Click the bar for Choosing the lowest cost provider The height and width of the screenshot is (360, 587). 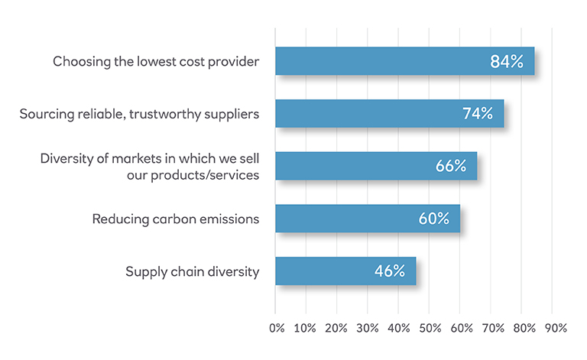tap(382, 61)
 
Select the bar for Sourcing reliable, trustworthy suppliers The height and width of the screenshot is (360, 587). tap(367, 113)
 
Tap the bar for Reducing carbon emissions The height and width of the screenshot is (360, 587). tap(344, 218)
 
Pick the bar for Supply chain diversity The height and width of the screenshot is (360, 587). tap(321, 271)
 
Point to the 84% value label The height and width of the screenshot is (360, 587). tap(506, 62)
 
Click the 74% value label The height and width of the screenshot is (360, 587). tap(478, 114)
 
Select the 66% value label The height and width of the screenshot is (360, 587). tap(450, 166)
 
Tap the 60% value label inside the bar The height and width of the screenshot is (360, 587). tap(433, 219)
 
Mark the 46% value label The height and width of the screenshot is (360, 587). tap(389, 271)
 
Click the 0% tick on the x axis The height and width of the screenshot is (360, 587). tap(277, 328)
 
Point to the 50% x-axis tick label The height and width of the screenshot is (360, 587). tap(430, 328)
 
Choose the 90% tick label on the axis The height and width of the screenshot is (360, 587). tap(553, 328)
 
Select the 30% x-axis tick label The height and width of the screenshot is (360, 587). tap(368, 328)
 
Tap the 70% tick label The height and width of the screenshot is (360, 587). tap(491, 328)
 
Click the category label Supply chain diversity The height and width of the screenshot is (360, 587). tap(191, 271)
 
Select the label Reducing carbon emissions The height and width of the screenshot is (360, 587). tap(176, 219)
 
